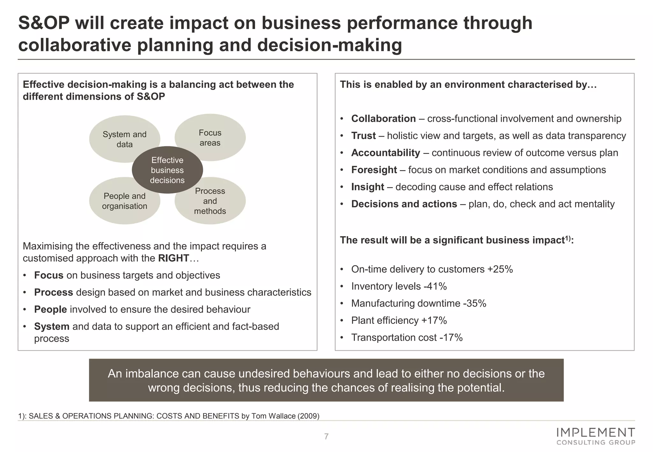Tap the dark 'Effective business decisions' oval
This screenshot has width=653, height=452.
click(167, 170)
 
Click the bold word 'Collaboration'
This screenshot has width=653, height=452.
click(383, 119)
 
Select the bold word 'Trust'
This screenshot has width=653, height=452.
click(363, 136)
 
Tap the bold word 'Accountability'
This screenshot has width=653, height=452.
click(385, 153)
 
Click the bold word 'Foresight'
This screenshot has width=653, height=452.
click(374, 170)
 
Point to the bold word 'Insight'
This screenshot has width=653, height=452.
click(368, 187)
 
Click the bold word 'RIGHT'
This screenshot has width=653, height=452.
click(173, 258)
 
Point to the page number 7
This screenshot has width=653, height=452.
click(326, 437)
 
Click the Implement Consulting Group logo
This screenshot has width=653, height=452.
click(595, 436)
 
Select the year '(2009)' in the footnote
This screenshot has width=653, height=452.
click(308, 416)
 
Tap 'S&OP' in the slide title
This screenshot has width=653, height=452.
click(44, 23)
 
